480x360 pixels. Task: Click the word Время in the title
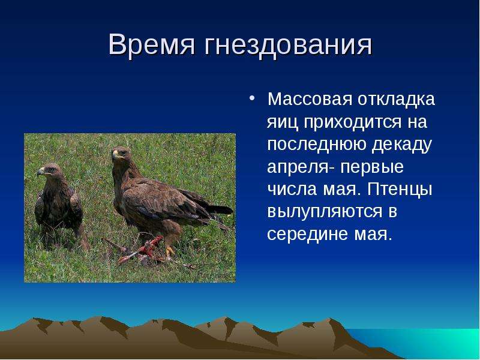point(152,44)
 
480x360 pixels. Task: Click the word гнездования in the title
point(287,46)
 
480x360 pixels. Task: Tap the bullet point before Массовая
point(251,98)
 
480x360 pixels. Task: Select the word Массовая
point(310,99)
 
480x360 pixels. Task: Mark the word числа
point(292,189)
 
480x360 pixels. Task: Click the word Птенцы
point(400,189)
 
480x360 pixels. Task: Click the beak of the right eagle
point(115,154)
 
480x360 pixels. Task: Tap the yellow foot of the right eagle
point(169,251)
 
